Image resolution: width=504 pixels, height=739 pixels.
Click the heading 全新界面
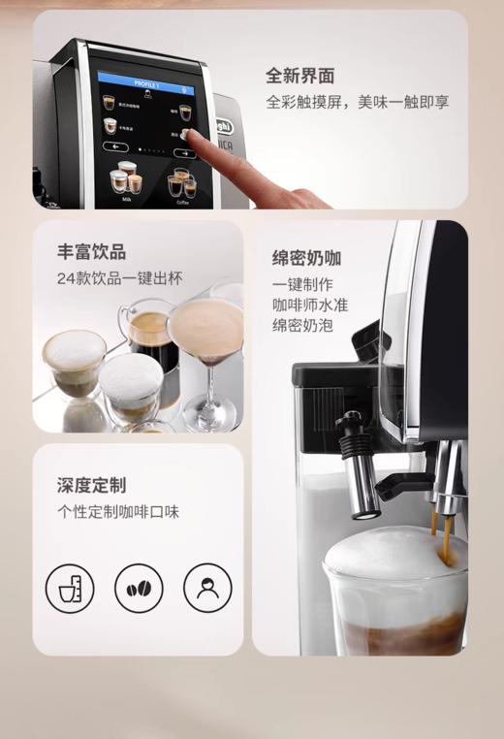(x=300, y=76)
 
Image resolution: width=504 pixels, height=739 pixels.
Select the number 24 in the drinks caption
(x=66, y=279)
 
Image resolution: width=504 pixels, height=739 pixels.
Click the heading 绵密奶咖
(x=306, y=259)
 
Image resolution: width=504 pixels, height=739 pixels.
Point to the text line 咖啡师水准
(x=310, y=305)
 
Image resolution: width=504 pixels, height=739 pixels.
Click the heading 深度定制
(x=91, y=485)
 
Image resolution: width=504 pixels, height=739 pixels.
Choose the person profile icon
(x=207, y=588)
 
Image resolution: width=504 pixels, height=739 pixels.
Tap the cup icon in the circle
(x=70, y=588)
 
